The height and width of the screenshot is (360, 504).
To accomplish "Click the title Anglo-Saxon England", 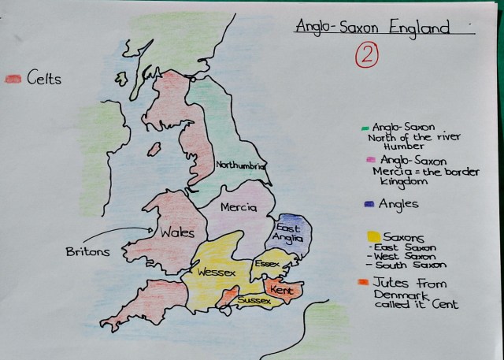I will pos(372,28).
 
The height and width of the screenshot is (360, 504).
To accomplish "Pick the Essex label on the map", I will pos(268,263).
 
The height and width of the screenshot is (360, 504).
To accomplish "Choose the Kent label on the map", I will pos(281,291).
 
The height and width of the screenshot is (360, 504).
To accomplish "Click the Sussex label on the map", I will pos(254,301).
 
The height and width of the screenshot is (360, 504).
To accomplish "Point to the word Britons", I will pos(88,251).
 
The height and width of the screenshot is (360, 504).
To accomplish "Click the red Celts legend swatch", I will pos(13,78).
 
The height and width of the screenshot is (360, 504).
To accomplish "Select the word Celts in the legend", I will pos(43,78).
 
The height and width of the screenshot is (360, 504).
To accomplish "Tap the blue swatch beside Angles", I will pos(369,203).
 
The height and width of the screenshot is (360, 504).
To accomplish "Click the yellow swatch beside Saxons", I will pos(372,236).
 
